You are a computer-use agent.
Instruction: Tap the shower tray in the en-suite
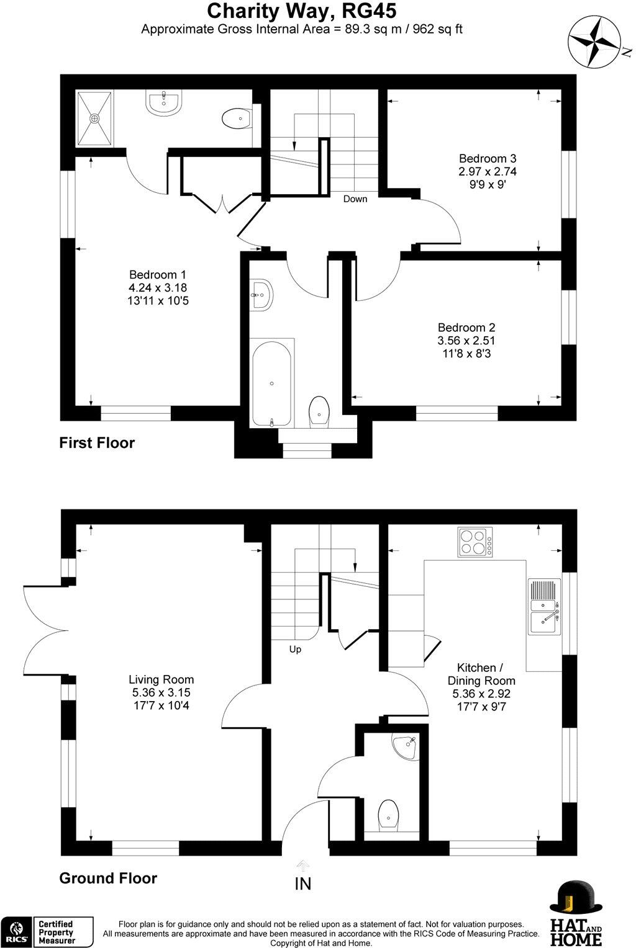click(95, 118)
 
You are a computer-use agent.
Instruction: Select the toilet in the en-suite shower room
click(236, 118)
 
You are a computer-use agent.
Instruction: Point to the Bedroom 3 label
click(487, 158)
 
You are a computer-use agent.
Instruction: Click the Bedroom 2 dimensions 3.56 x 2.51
click(466, 341)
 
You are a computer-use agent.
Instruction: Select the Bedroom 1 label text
click(157, 275)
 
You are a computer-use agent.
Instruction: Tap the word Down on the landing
click(355, 199)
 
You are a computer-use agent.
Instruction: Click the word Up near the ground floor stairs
click(295, 650)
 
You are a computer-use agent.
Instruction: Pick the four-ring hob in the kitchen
click(475, 541)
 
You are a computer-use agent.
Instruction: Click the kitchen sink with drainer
click(545, 606)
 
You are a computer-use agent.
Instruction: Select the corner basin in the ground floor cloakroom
click(405, 743)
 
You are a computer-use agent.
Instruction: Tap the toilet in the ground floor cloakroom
click(388, 813)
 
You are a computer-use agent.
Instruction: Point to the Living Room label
click(161, 679)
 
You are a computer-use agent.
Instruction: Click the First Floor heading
click(96, 443)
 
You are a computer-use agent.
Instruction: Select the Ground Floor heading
click(107, 878)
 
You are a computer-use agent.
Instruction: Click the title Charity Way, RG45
click(301, 11)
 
